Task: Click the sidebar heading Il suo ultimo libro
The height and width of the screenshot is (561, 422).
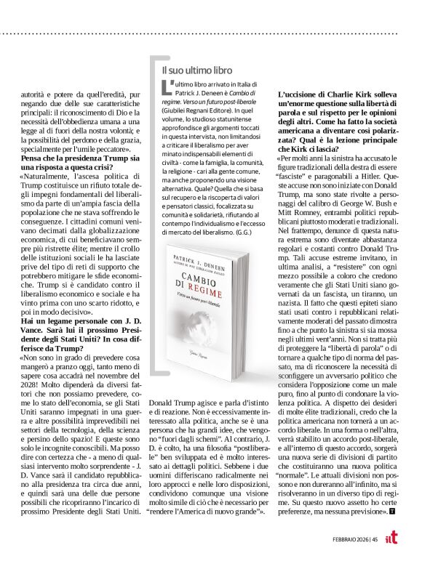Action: point(196,70)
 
